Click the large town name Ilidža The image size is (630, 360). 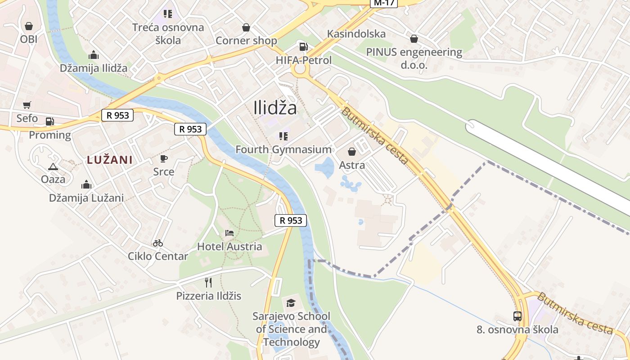275,108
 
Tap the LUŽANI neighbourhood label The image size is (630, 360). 110,160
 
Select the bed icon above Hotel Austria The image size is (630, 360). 229,233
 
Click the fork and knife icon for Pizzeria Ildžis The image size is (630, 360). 208,283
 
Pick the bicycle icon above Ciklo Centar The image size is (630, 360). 157,243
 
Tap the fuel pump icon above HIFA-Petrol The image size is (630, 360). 304,47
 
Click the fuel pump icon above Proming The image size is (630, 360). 49,121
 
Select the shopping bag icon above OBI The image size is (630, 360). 29,26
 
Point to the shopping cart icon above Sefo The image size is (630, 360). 27,105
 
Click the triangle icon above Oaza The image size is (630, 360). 53,166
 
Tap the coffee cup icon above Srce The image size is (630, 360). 164,158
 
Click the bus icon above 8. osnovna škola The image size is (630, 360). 517,316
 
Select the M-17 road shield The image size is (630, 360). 384,3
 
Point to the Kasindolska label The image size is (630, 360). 356,34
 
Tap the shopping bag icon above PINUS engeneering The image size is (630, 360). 414,39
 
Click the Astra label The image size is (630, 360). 352,165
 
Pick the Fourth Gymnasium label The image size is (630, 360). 283,149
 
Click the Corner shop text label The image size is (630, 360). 246,40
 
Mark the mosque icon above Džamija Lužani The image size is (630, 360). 86,184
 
